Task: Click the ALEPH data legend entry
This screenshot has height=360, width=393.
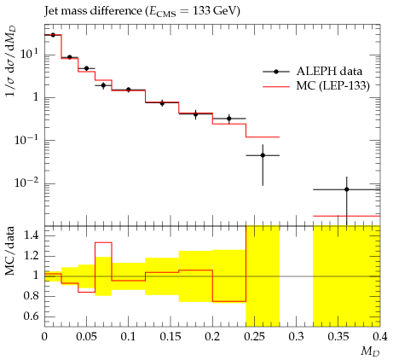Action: (313, 72)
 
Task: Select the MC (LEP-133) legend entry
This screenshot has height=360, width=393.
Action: (316, 85)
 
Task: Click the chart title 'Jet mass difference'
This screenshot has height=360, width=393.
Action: (93, 11)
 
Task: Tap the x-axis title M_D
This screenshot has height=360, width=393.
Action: (370, 351)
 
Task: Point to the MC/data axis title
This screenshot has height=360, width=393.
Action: (10, 251)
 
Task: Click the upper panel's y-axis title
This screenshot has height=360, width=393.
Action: (11, 61)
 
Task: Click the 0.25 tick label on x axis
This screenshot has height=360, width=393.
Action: (254, 337)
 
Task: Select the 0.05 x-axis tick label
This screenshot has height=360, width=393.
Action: (86, 337)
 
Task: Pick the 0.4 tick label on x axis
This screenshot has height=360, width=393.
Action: (380, 337)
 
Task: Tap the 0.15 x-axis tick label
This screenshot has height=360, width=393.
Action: (170, 337)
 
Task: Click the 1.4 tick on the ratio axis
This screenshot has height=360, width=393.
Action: (31, 235)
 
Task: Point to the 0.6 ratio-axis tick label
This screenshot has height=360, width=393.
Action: (31, 316)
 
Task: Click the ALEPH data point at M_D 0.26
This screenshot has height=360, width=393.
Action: (263, 155)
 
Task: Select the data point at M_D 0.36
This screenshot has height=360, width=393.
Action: (347, 189)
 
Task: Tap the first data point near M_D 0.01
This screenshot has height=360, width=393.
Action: (53, 35)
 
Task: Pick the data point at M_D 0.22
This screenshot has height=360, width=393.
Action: (229, 119)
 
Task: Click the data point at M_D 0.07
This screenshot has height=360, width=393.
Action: (103, 85)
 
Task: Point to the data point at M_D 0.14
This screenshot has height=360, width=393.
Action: (162, 103)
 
